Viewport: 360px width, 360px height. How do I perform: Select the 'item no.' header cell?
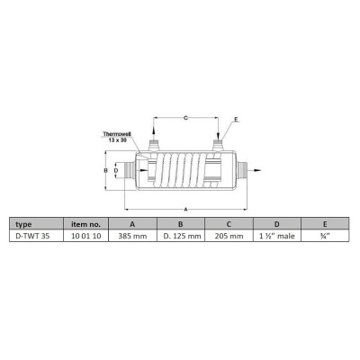(85, 224)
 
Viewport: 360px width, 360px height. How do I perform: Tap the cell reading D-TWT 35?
(36, 236)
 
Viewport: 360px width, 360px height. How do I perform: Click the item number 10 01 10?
(85, 236)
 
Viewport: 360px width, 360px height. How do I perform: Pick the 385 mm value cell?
(132, 236)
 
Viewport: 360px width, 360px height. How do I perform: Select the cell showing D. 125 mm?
(181, 236)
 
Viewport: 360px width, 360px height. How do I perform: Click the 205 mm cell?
(229, 236)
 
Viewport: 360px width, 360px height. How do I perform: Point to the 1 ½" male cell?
(277, 236)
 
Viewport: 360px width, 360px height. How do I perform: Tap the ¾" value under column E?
(325, 236)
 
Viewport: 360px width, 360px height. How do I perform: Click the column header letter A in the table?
(132, 224)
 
